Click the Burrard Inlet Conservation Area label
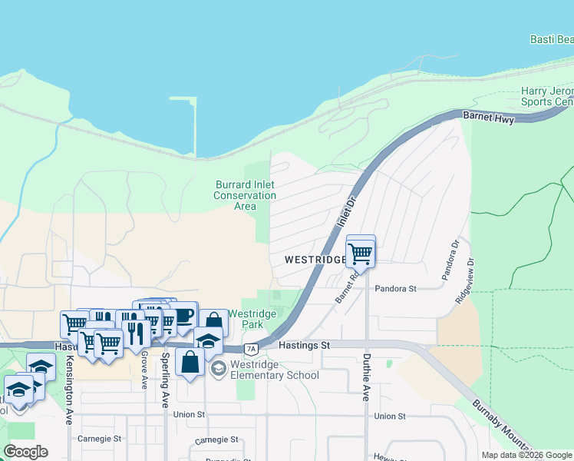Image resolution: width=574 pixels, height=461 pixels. click(x=245, y=195)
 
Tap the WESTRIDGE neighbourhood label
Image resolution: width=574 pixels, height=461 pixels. click(x=315, y=260)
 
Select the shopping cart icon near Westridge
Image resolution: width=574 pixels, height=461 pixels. click(x=360, y=251)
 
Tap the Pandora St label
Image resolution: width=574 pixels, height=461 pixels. click(x=395, y=289)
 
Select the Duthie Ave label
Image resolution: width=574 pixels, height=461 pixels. click(x=365, y=376)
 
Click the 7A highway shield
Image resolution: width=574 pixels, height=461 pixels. click(x=250, y=350)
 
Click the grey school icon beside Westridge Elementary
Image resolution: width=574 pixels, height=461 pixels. click(x=218, y=370)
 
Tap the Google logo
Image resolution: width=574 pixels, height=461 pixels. click(x=25, y=452)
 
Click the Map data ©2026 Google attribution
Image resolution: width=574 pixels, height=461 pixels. click(x=526, y=455)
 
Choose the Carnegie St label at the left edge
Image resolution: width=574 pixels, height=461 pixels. click(x=100, y=439)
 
